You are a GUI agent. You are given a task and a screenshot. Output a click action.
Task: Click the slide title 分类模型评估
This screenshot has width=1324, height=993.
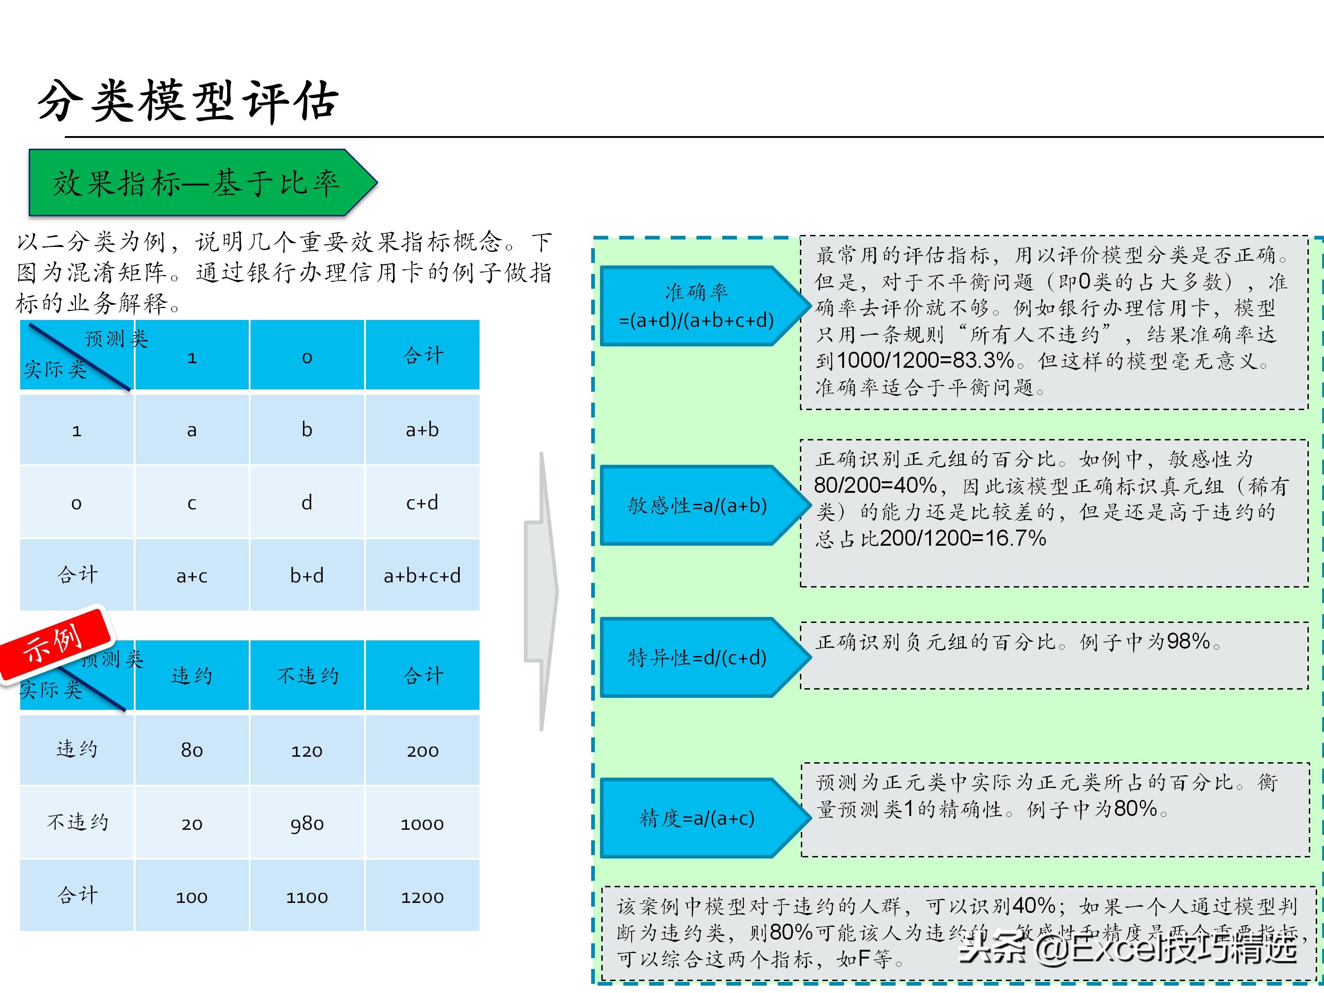188,101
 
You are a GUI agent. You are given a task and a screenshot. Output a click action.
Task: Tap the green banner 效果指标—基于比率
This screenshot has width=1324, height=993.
198,183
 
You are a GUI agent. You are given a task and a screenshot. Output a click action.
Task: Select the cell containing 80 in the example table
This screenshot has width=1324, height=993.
192,750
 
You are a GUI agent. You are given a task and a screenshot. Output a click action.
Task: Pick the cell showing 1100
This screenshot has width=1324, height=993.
307,896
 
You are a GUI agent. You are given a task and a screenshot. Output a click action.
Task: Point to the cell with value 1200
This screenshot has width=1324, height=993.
422,896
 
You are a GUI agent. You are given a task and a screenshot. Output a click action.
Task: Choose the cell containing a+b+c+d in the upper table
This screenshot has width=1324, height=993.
422,575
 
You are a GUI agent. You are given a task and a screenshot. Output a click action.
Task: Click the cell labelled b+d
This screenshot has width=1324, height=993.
307,575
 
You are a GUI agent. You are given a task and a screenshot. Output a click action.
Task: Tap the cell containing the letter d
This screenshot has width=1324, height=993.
307,502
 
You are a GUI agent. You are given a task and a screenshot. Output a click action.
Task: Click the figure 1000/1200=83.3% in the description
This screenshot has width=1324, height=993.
925,360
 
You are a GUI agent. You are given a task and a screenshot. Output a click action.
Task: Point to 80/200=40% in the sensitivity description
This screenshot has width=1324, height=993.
875,485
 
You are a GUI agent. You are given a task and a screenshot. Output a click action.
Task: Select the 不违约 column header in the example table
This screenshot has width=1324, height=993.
308,676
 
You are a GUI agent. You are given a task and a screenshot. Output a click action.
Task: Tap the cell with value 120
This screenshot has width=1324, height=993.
307,750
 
